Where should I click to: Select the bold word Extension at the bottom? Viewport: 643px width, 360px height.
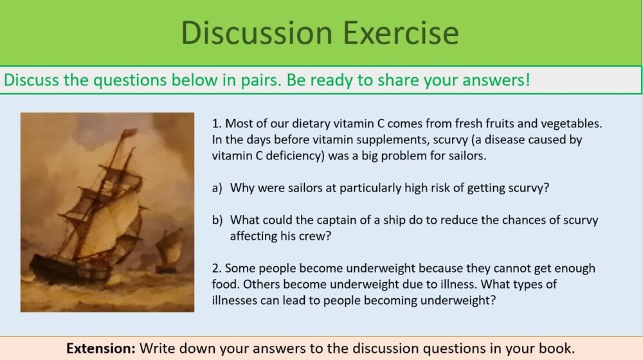point(100,348)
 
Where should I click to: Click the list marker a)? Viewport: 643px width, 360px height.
point(217,188)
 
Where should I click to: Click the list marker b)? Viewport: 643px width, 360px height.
point(217,220)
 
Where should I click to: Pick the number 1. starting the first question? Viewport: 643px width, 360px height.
point(216,123)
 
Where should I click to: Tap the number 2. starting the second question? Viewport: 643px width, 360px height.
point(217,268)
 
